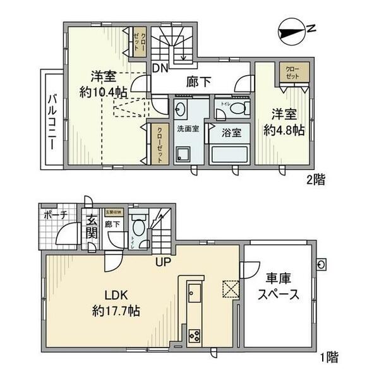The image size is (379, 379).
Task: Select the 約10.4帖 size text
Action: click(102, 92)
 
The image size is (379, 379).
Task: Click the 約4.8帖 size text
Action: click(284, 130)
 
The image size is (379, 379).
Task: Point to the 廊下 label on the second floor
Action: click(199, 81)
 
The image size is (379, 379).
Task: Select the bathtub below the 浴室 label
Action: click(230, 154)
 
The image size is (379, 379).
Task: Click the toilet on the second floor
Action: click(238, 109)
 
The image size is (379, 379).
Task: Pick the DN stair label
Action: click(159, 68)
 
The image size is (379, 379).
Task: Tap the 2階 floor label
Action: click(316, 179)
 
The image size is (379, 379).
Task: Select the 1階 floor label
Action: click(328, 358)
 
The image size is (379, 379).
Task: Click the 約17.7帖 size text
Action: click(116, 311)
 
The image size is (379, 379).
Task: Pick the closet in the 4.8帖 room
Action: click(294, 73)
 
